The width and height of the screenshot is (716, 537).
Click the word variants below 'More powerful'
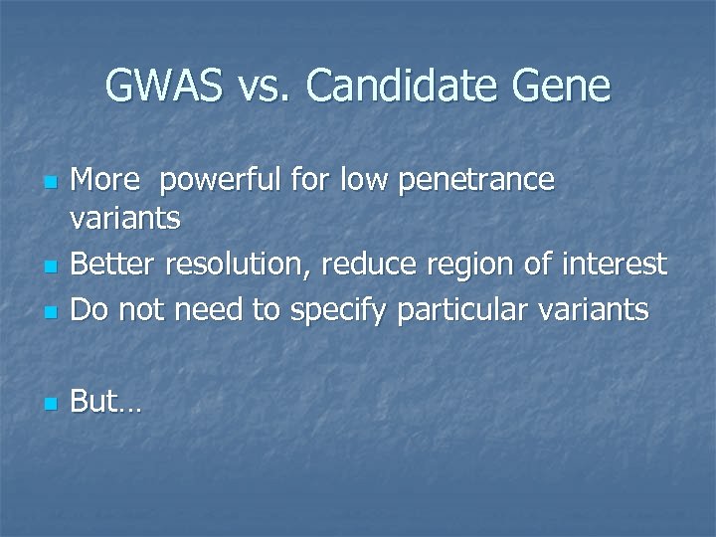[x=125, y=219]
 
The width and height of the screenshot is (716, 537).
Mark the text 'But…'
[x=107, y=403]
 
